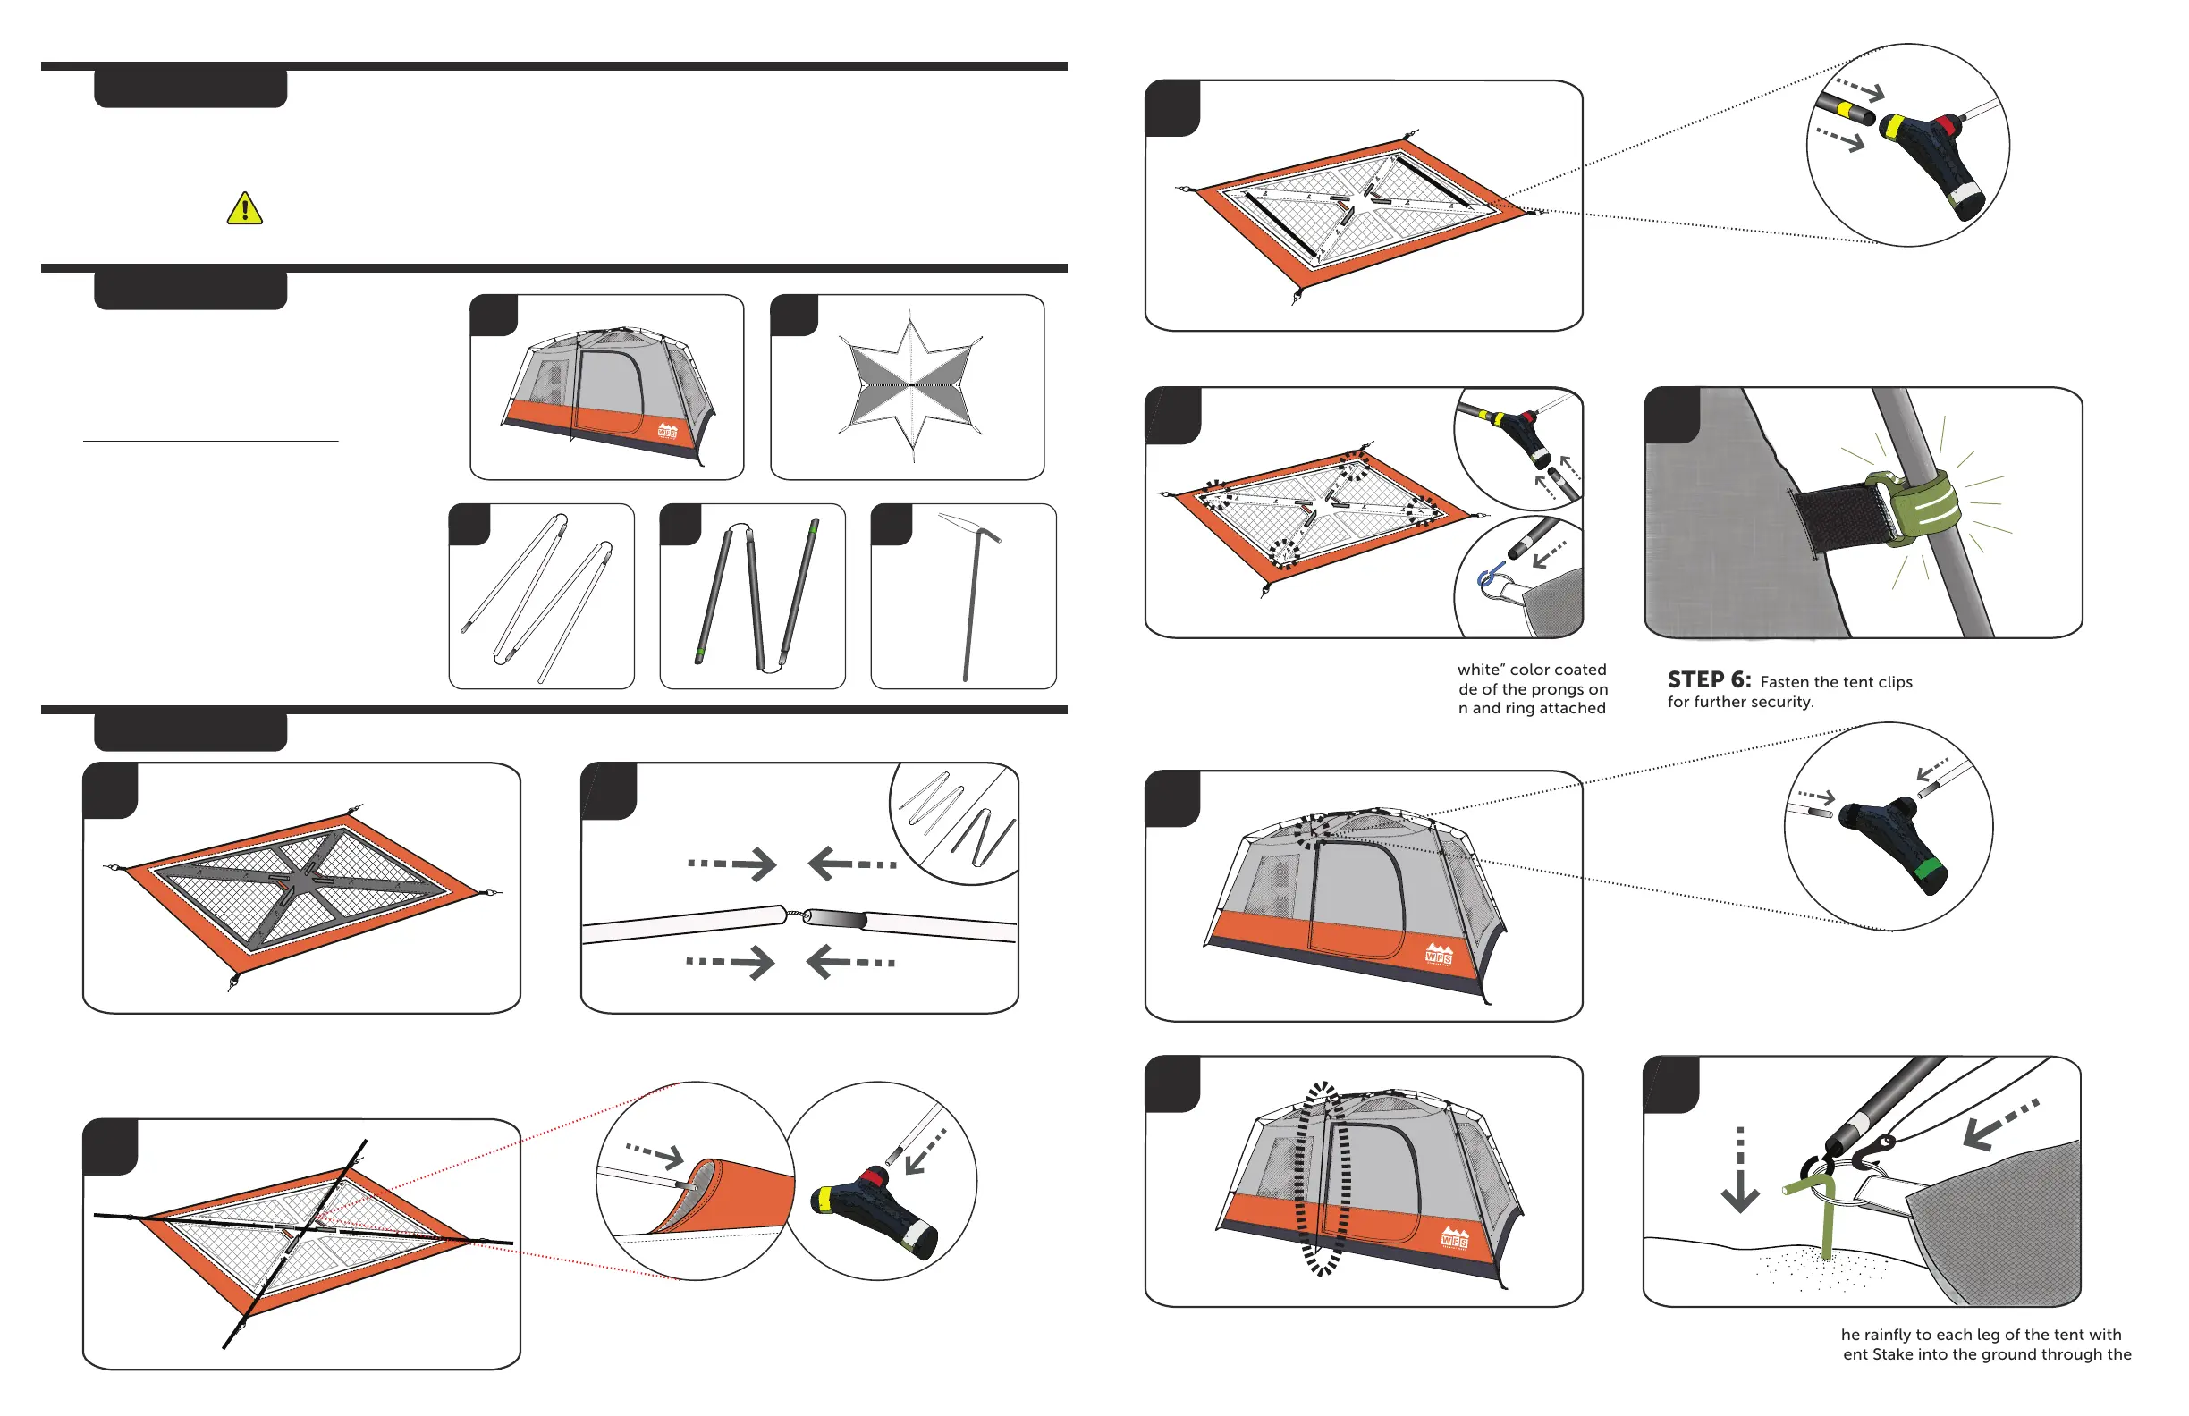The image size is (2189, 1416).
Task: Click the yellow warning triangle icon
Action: click(x=245, y=208)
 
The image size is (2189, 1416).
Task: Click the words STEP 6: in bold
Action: click(x=1709, y=680)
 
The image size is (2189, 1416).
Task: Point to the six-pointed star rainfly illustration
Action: click(x=909, y=386)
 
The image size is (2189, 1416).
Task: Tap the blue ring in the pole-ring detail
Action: click(x=1484, y=578)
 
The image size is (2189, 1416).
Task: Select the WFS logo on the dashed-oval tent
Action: click(x=1454, y=1238)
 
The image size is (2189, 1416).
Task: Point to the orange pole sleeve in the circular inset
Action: click(x=736, y=1195)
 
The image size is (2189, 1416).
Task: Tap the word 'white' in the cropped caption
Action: click(x=1481, y=670)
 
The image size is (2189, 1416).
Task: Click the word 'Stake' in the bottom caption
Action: click(x=1925, y=1354)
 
